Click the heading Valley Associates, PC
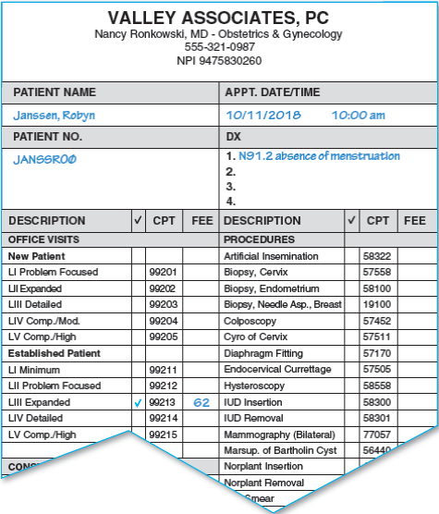tap(219, 18)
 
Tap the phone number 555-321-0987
tap(219, 47)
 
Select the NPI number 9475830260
tap(219, 61)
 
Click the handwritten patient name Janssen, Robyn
tap(54, 116)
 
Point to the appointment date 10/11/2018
tap(262, 116)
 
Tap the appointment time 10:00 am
tap(359, 116)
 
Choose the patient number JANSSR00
tap(45, 159)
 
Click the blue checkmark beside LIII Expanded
tap(138, 404)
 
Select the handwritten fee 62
tap(201, 403)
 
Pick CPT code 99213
tap(163, 404)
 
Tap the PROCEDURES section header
tap(259, 239)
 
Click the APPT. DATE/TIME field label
tap(272, 93)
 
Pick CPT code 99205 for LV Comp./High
tap(163, 337)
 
